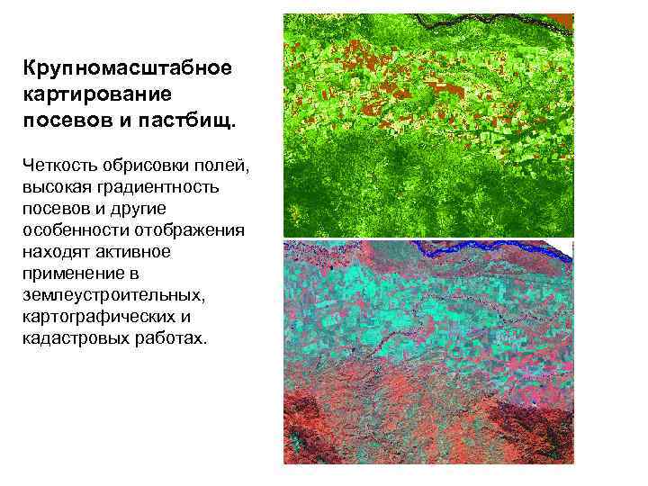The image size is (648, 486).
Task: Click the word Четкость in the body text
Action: coord(62,166)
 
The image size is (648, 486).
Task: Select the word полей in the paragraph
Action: coord(221,166)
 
